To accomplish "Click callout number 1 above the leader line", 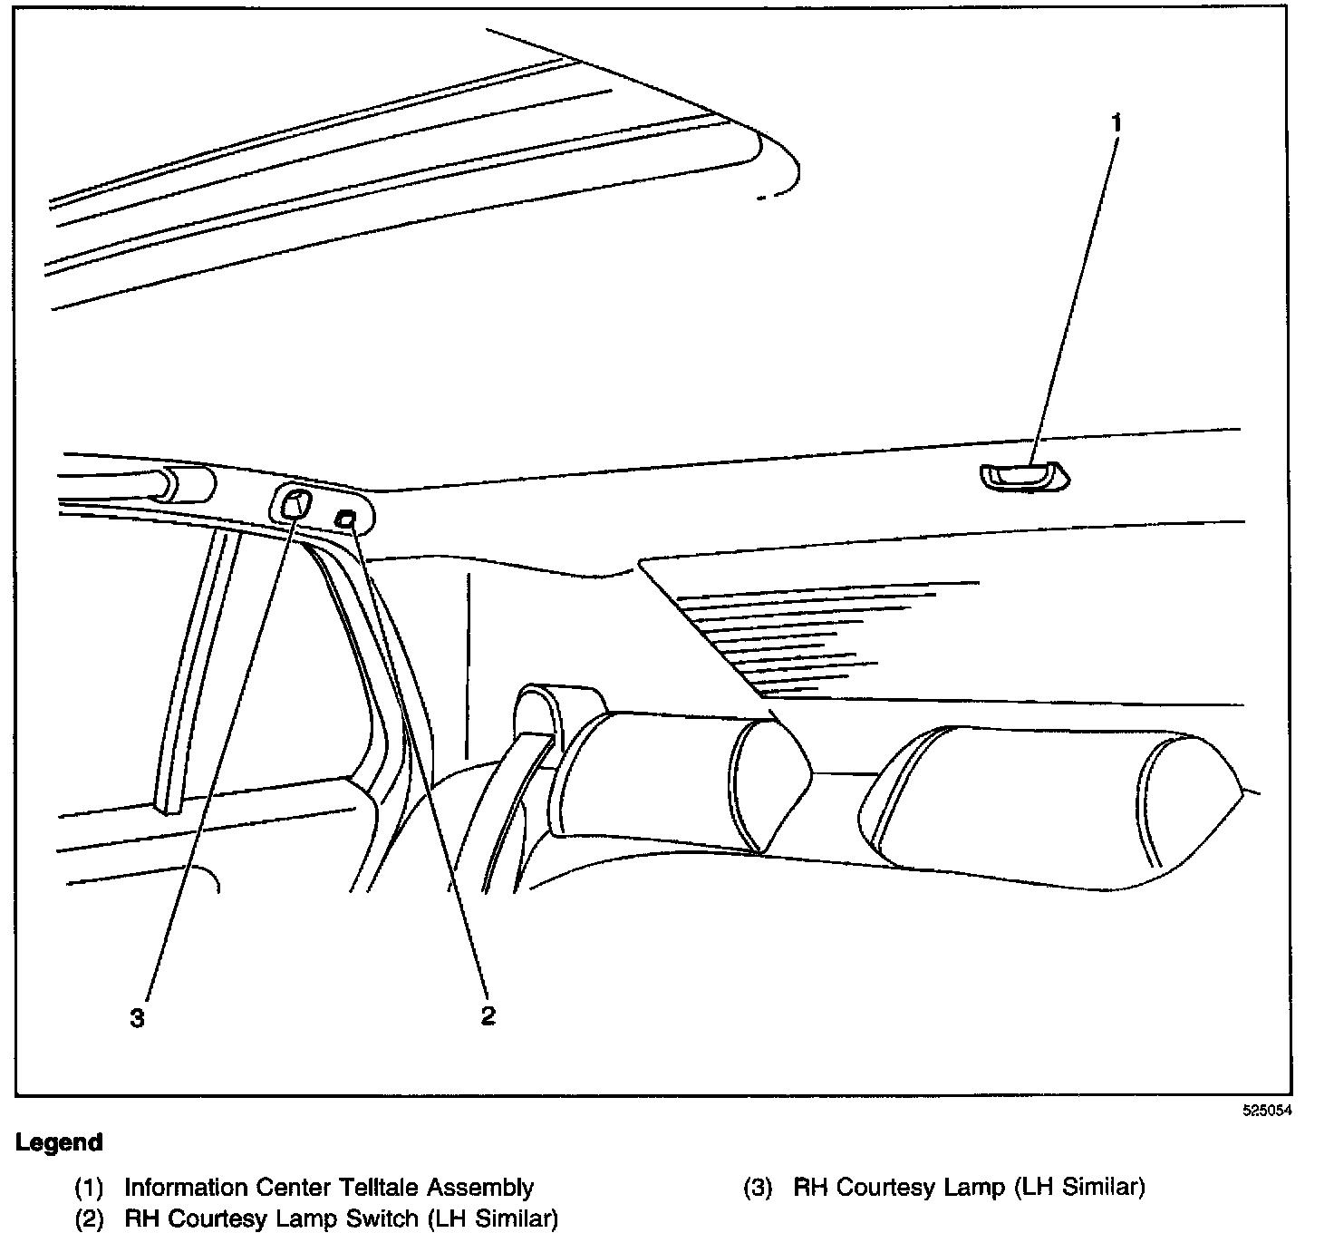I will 1116,122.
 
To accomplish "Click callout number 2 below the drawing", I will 488,1016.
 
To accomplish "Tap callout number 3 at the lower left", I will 137,1019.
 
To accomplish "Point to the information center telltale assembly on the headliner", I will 1022,476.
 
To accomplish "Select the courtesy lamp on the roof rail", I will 293,502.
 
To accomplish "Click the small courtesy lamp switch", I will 346,519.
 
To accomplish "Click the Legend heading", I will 59,1142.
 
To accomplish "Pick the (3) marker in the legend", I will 757,1187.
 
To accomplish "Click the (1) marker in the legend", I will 88,1187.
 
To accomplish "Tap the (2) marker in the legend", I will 88,1218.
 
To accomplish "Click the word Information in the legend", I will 186,1187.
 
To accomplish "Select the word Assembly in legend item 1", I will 480,1187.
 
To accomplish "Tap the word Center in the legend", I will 295,1187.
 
